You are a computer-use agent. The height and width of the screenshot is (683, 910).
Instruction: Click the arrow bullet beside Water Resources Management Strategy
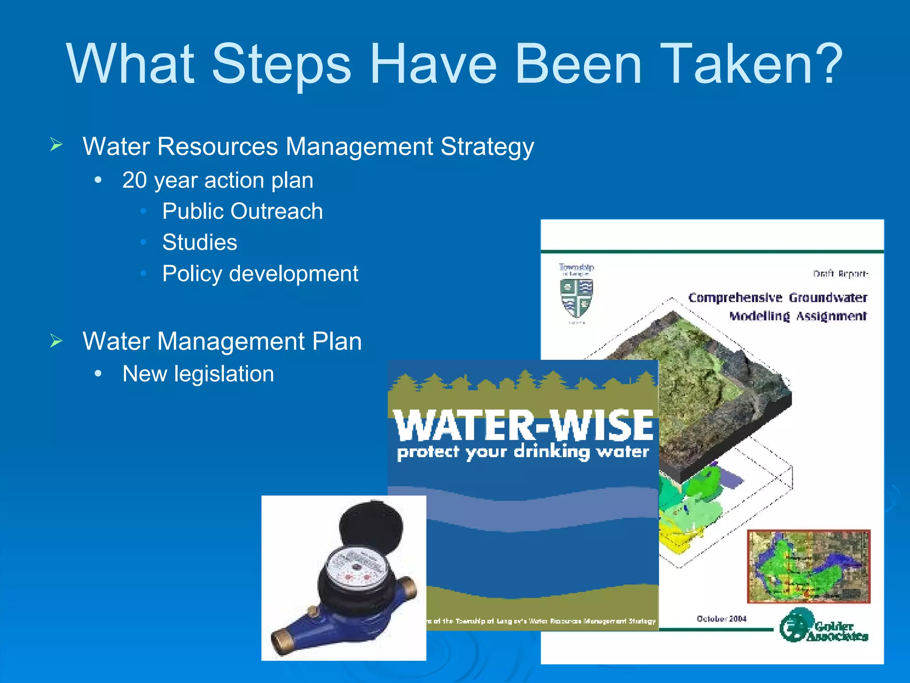point(56,145)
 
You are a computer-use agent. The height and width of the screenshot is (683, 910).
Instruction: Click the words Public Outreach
point(242,211)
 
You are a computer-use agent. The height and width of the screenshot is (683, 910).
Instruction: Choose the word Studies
point(200,242)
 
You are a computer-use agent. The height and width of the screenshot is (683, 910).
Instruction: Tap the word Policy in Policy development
point(192,274)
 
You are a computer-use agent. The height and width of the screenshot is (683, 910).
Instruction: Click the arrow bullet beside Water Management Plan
point(56,341)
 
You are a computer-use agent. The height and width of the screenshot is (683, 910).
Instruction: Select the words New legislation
point(198,374)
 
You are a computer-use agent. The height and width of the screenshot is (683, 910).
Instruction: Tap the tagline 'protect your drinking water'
point(523,452)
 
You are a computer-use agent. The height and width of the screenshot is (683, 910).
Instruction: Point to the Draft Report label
point(840,273)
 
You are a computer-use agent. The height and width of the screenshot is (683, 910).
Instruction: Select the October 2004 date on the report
point(721,619)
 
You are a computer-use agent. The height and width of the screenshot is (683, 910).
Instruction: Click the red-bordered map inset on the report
point(808,566)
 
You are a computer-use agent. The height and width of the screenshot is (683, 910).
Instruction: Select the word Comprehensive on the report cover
point(735,297)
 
